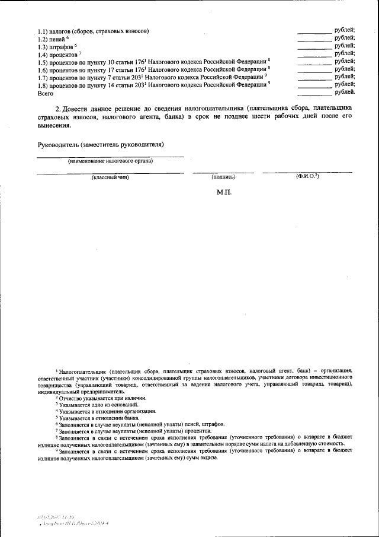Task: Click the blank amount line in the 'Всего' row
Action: [x=314, y=94]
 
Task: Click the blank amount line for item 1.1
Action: [x=314, y=31]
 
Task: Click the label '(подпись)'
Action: [x=223, y=177]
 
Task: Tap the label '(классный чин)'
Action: [x=110, y=177]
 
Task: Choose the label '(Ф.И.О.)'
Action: [x=307, y=177]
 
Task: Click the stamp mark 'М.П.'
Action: [x=226, y=193]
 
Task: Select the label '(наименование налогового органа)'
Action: [x=110, y=161]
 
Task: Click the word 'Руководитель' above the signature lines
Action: [x=59, y=145]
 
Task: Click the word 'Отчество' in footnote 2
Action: [x=69, y=398]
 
